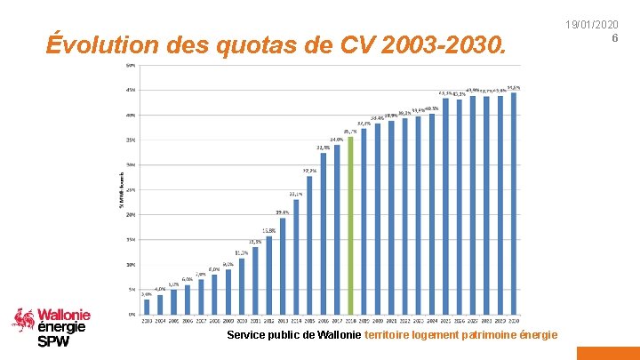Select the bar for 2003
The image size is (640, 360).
[147, 306]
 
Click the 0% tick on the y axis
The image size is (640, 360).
[131, 314]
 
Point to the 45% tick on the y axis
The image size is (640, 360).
[131, 90]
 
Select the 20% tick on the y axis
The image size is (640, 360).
[131, 214]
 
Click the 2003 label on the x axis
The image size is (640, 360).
[147, 320]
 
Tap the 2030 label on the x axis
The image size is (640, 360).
[514, 320]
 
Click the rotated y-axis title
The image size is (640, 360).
[122, 190]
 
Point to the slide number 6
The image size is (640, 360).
[614, 37]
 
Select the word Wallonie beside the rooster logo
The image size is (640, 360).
[64, 315]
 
